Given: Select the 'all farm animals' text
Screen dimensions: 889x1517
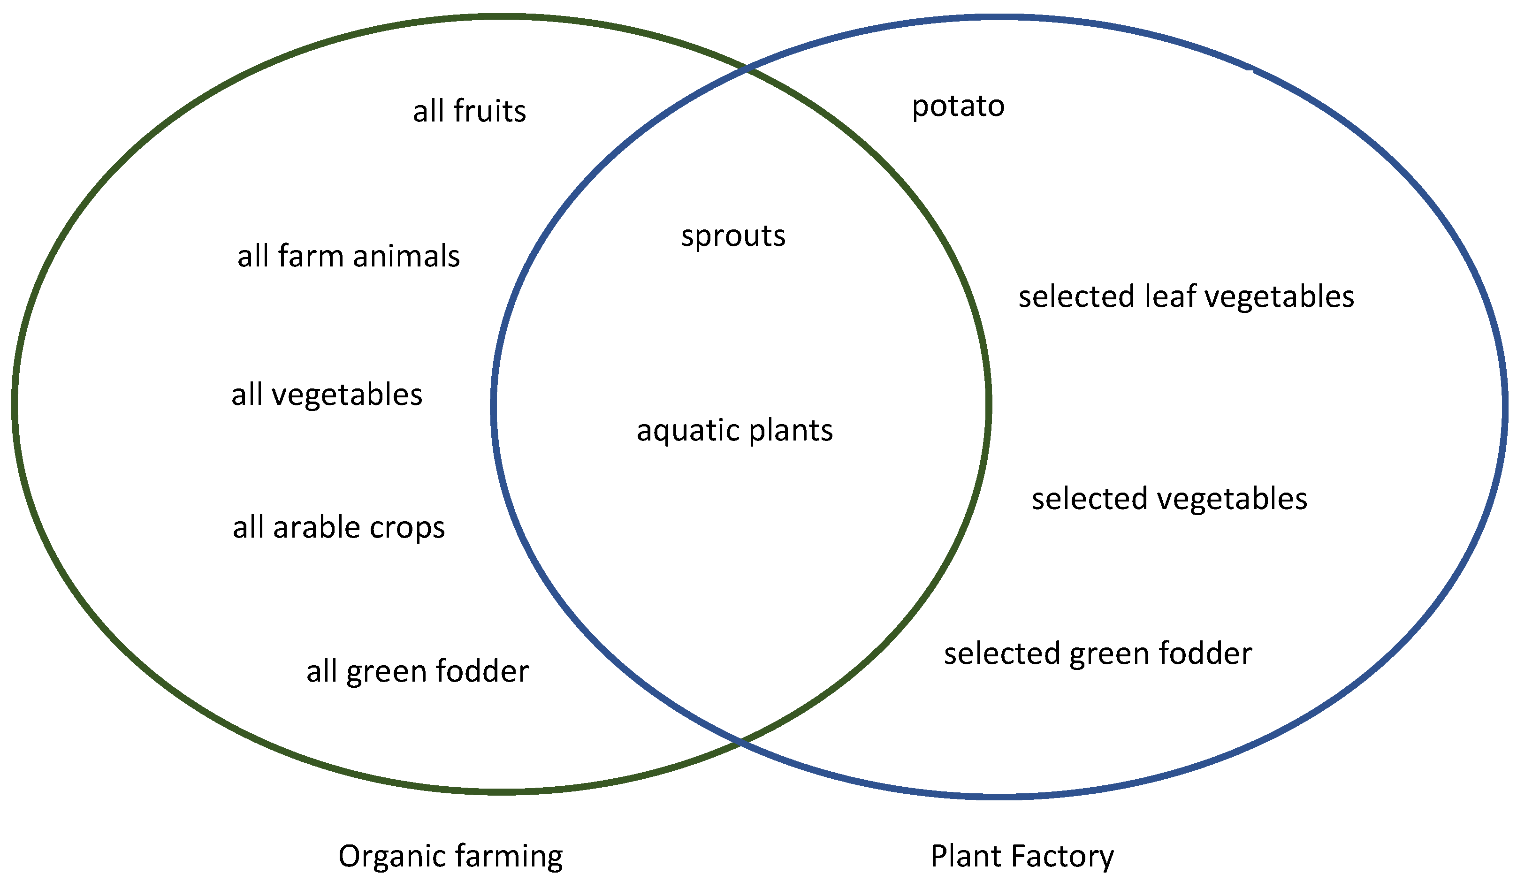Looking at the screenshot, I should click(349, 256).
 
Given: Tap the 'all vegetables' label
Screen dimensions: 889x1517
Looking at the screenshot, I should click(327, 395).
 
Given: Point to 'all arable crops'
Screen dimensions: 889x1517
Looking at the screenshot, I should click(339, 528).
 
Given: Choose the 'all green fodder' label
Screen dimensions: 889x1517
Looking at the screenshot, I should click(418, 671).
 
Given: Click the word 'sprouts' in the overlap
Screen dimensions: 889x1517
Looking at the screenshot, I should click(733, 236).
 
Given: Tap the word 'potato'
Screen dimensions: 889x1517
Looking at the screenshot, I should click(958, 106).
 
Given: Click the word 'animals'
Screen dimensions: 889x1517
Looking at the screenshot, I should click(407, 256).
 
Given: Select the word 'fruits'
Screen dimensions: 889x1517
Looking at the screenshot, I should click(490, 111).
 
